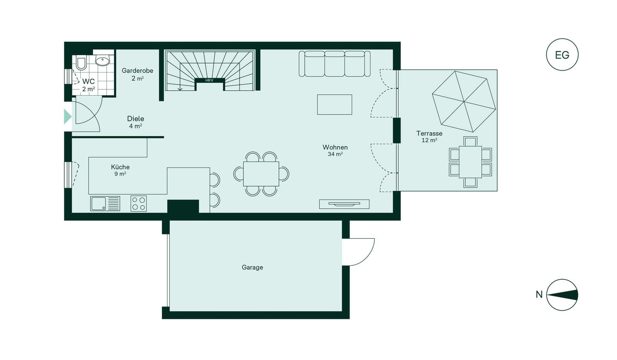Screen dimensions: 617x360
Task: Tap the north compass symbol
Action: tap(562, 295)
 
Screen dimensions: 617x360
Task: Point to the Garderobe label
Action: tap(137, 71)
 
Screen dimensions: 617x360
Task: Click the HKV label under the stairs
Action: tap(209, 80)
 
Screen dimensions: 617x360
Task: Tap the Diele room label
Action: tap(136, 119)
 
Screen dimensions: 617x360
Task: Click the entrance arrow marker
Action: tap(68, 117)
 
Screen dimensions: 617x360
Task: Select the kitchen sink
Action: tap(105, 204)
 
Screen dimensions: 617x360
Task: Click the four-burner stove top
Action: tap(138, 204)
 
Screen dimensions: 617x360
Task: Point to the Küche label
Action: tap(120, 167)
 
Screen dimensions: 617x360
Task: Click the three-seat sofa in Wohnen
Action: tap(335, 64)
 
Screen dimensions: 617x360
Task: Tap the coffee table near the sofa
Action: tap(334, 104)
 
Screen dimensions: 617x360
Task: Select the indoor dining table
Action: tap(261, 174)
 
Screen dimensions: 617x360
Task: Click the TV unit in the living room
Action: tap(344, 204)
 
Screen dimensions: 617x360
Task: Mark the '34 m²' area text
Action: tap(335, 154)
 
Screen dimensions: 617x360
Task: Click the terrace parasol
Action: tap(464, 102)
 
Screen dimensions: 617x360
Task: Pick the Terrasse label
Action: tap(429, 133)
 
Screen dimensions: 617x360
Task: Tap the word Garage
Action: tap(252, 267)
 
